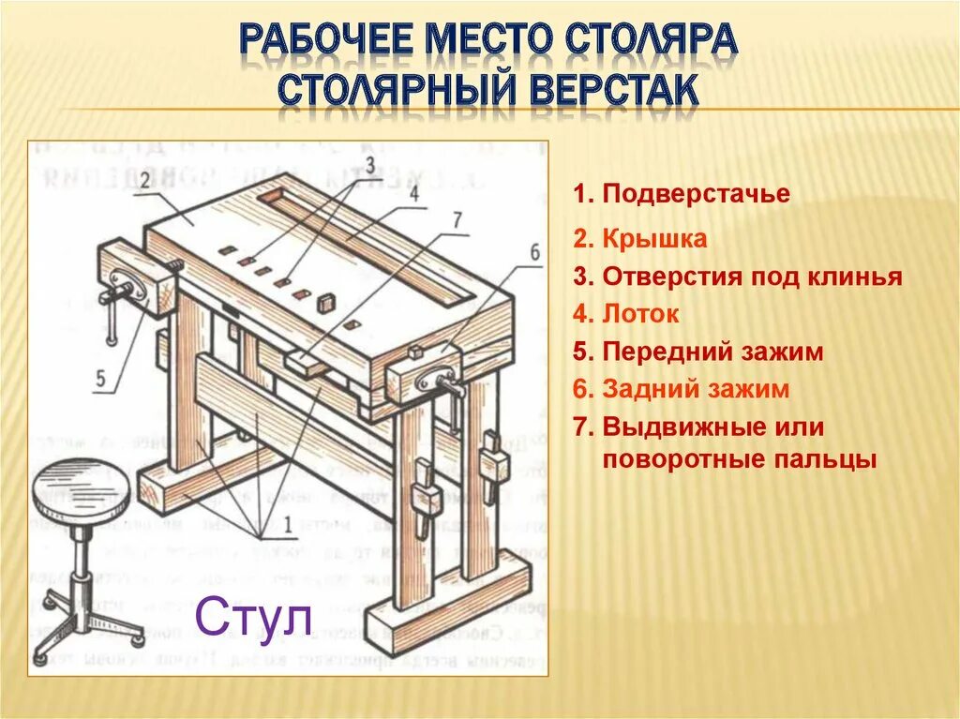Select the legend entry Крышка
(653, 239)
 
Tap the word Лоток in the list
(640, 314)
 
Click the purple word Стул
(252, 621)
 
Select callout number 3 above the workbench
(369, 166)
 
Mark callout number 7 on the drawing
(457, 221)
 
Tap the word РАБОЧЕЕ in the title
(323, 43)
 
